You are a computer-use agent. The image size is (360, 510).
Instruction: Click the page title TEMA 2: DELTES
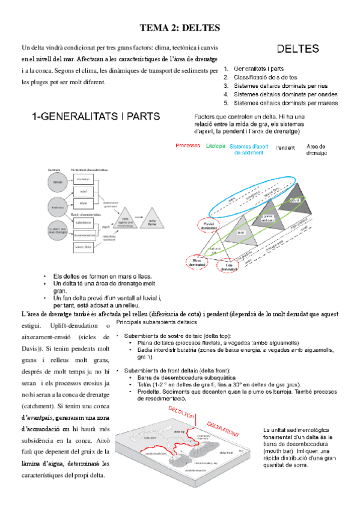(180, 28)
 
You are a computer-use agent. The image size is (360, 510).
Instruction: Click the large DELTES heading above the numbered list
(297, 49)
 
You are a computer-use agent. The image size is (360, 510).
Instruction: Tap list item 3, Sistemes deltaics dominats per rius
(279, 86)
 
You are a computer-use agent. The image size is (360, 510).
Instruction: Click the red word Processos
(188, 146)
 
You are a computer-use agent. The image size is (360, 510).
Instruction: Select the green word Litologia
(216, 146)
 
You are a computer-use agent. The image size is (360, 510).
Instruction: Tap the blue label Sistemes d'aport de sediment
(250, 150)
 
